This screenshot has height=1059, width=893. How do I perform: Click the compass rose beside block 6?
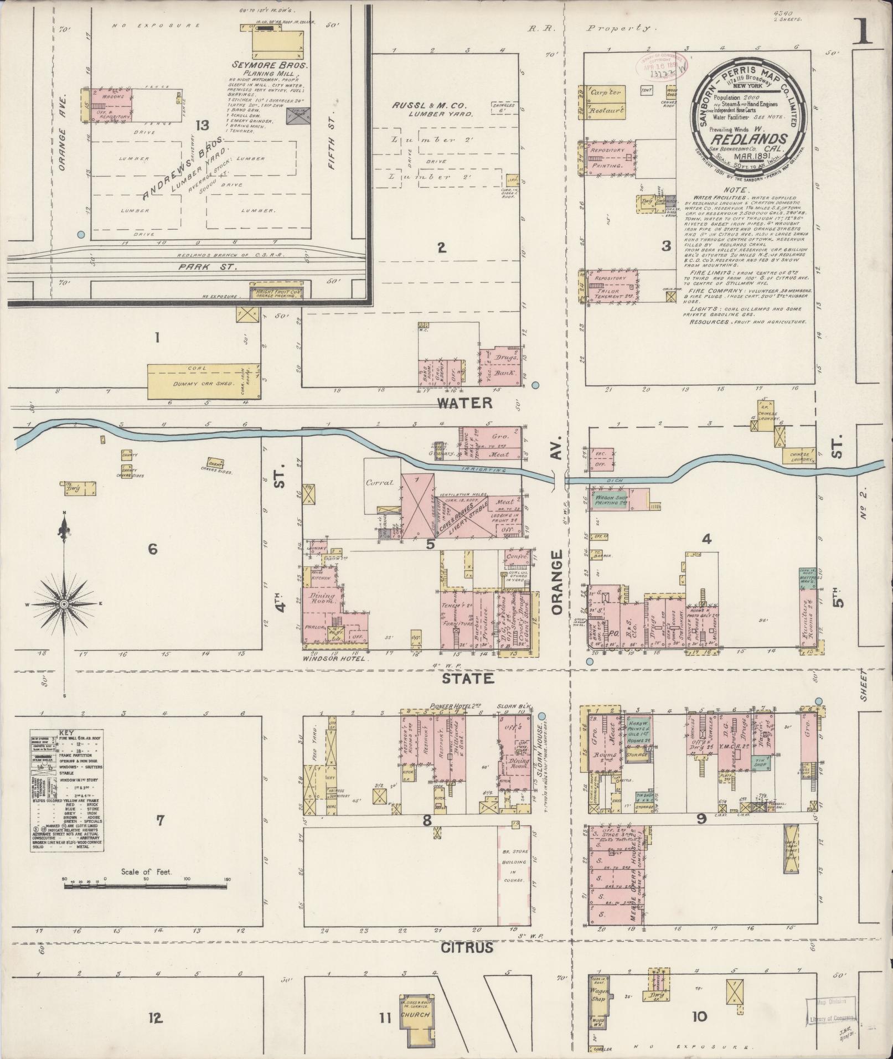click(x=64, y=603)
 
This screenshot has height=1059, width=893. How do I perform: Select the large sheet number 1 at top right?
click(x=864, y=32)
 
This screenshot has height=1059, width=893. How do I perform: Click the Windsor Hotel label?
click(x=336, y=659)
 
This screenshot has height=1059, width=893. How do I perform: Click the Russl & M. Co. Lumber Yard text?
click(x=430, y=109)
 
